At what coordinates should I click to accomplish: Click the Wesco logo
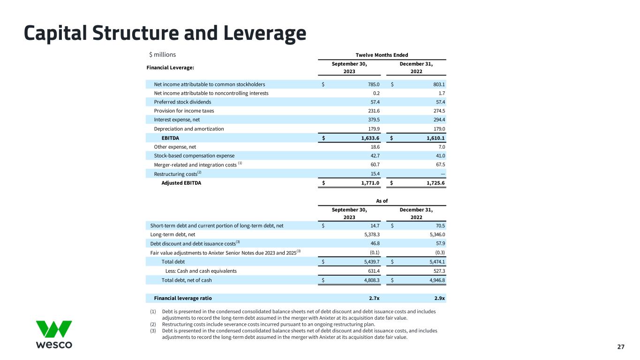pos(54,334)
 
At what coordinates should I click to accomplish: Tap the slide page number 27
pos(621,347)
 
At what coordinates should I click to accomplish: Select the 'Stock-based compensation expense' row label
pos(194,156)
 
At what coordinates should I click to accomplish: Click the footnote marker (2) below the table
pos(153,324)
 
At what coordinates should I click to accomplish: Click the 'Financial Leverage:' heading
pos(167,67)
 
